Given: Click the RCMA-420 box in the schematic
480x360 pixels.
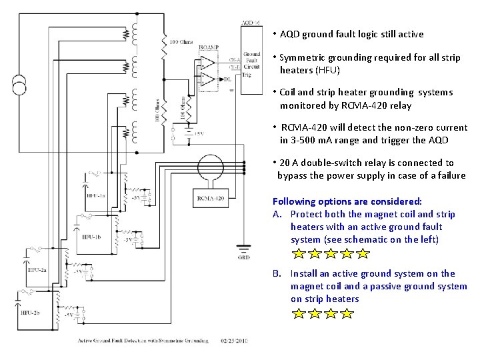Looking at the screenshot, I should pyautogui.click(x=211, y=198).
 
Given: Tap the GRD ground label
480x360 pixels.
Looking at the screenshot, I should pyautogui.click(x=245, y=257).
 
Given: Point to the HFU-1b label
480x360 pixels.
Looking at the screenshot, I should pyautogui.click(x=92, y=237).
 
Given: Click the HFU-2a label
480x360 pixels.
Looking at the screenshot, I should pyautogui.click(x=37, y=271).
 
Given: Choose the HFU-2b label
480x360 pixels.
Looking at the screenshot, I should pyautogui.click(x=31, y=312).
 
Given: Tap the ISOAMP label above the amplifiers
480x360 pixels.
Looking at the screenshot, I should pyautogui.click(x=207, y=47).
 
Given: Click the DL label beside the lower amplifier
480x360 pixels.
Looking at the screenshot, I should pyautogui.click(x=227, y=79).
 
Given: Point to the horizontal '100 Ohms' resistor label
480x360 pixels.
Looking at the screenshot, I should pyautogui.click(x=182, y=42).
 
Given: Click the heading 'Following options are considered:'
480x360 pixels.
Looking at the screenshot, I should pyautogui.click(x=347, y=201).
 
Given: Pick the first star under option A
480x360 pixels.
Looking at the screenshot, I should pyautogui.click(x=299, y=254).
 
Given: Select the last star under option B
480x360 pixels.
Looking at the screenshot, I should pyautogui.click(x=347, y=313).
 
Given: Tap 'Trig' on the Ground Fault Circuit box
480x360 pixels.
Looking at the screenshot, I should pyautogui.click(x=247, y=75).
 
